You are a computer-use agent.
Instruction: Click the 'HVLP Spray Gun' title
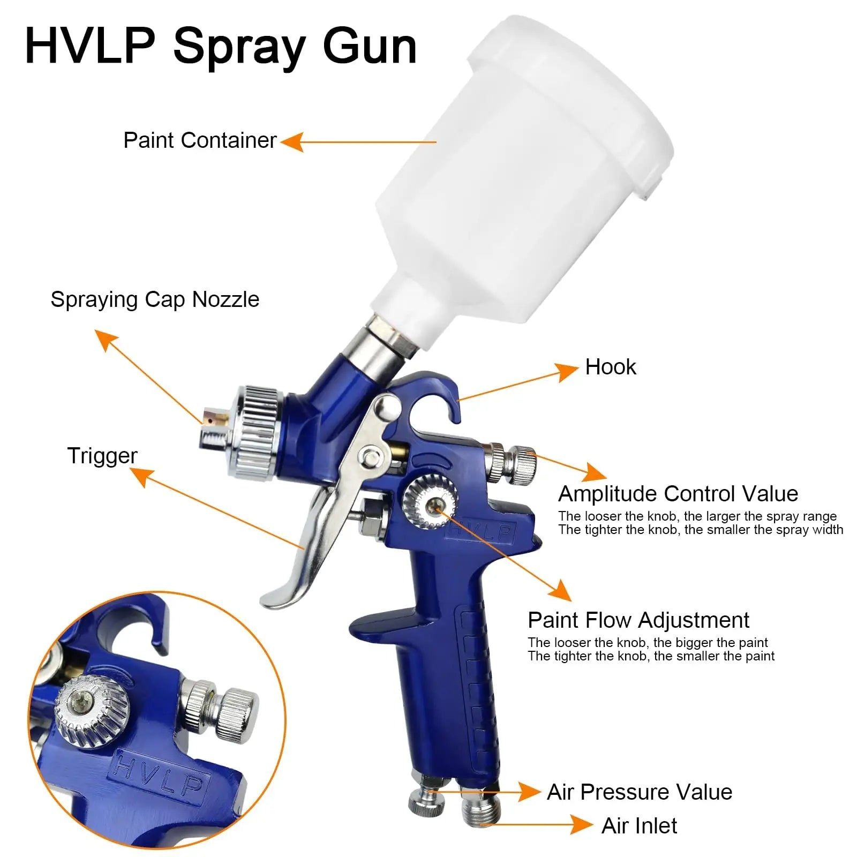(221, 47)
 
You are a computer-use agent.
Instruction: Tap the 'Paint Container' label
(200, 140)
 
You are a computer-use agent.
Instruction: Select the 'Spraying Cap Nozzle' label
(155, 299)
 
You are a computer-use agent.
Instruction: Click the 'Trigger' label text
(102, 456)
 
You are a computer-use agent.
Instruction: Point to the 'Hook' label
(610, 367)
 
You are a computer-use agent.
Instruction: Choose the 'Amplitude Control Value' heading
(678, 494)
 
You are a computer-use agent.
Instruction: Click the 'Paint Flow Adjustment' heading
(638, 620)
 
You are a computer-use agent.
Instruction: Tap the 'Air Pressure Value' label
(639, 792)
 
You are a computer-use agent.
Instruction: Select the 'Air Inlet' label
(639, 826)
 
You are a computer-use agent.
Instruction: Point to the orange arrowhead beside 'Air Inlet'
(581, 825)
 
